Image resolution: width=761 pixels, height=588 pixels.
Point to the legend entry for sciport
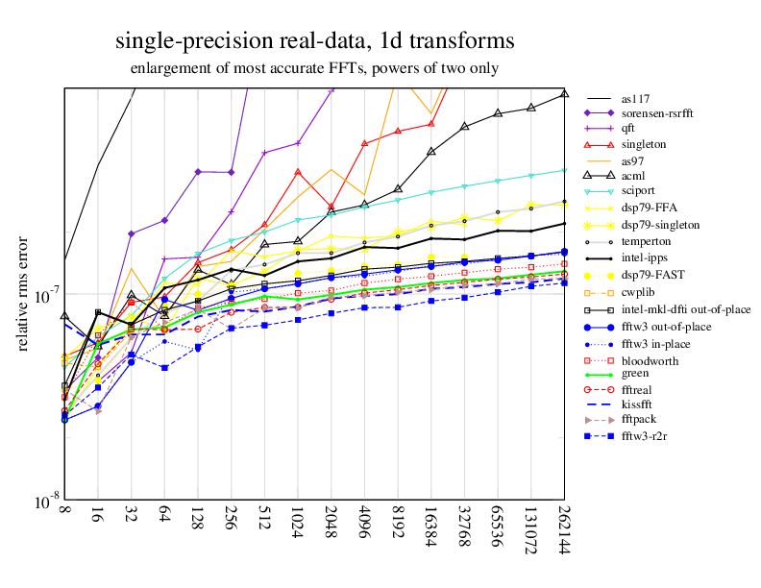640,191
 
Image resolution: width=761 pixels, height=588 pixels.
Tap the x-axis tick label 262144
564,531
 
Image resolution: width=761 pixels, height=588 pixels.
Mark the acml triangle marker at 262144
564,93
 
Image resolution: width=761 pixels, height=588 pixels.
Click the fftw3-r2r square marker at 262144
564,282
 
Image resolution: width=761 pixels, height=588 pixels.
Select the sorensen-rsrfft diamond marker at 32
131,233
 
